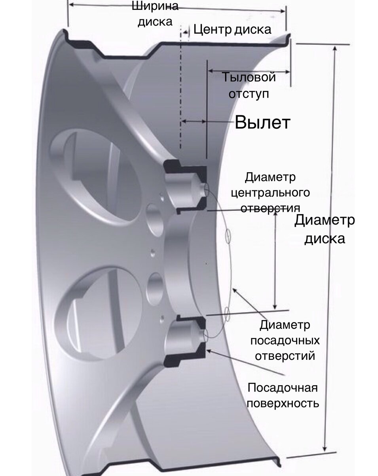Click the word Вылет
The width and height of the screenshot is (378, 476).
(x=262, y=123)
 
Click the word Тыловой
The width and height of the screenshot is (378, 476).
(x=248, y=77)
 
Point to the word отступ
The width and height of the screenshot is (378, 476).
(x=249, y=94)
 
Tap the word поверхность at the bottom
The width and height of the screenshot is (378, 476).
(x=283, y=403)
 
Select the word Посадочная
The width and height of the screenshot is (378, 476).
(x=283, y=388)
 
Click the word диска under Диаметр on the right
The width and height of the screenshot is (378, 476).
(x=325, y=239)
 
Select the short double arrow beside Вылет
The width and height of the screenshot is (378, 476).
(x=194, y=121)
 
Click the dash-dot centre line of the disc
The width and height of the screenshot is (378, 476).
(x=181, y=87)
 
